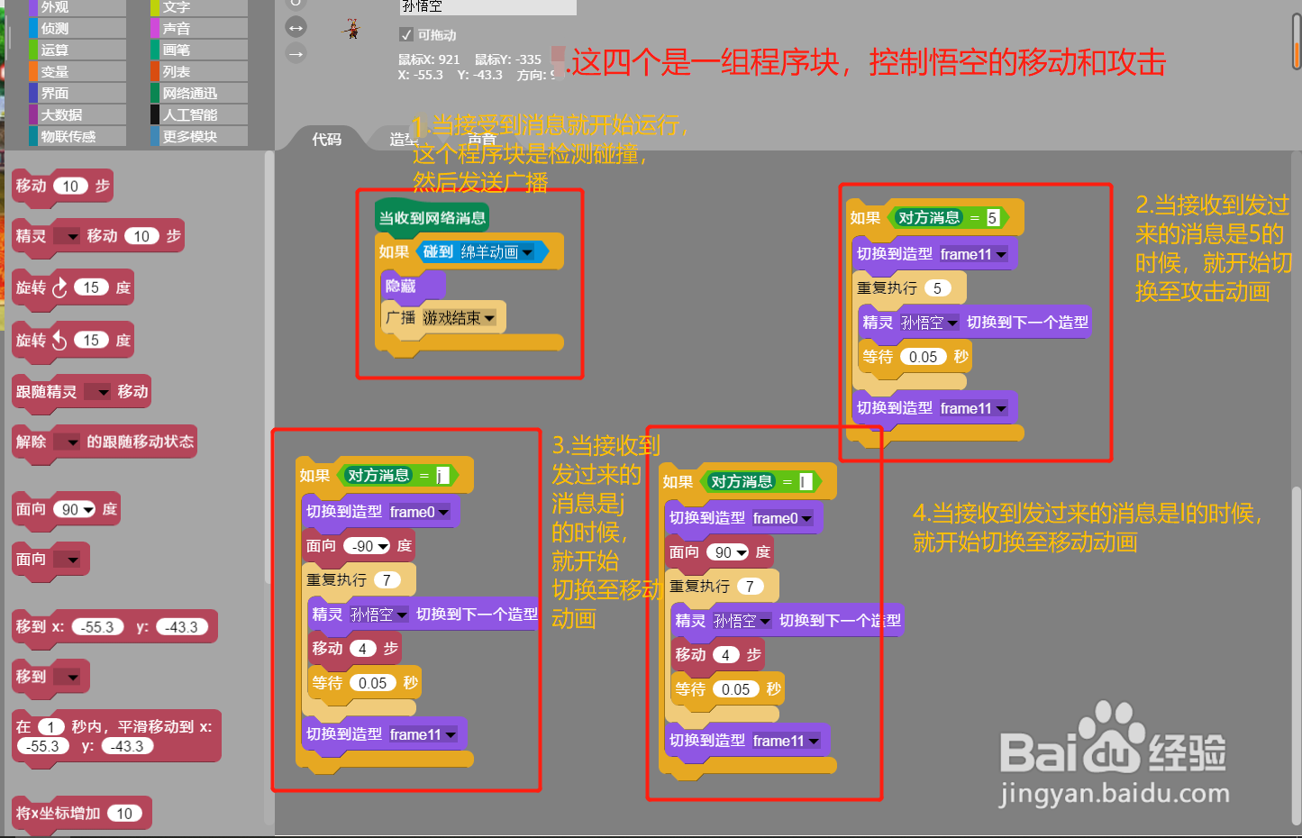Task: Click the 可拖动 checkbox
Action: click(x=406, y=34)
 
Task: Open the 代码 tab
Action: click(x=326, y=139)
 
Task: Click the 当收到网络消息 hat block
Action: click(x=432, y=217)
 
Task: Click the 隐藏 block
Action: click(x=401, y=286)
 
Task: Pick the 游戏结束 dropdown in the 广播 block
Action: click(x=459, y=318)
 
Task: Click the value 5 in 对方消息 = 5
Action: click(x=992, y=217)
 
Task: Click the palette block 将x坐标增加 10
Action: click(x=81, y=813)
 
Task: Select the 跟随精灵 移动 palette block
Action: click(x=81, y=391)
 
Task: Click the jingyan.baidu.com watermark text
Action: click(x=1115, y=794)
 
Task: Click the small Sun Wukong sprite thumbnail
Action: click(x=352, y=29)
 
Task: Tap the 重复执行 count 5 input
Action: click(x=937, y=288)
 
